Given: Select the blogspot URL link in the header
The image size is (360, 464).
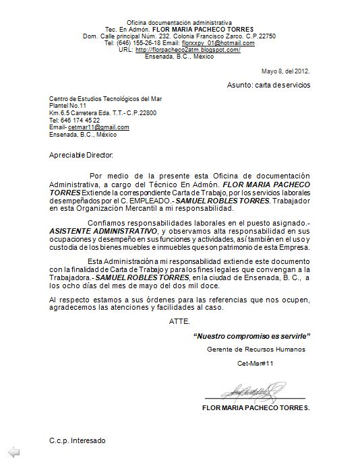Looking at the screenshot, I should click(x=188, y=50).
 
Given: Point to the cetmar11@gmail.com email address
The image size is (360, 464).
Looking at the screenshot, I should click(x=98, y=127).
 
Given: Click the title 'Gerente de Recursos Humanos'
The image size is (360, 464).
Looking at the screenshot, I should click(x=256, y=350).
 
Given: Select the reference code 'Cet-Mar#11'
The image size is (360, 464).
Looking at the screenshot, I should click(x=256, y=364).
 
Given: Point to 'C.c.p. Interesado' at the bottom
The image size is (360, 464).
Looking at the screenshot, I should click(x=77, y=440).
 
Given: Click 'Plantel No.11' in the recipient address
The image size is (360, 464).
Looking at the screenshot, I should click(x=68, y=106).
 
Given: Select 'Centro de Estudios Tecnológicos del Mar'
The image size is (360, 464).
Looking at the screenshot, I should click(x=105, y=99).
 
